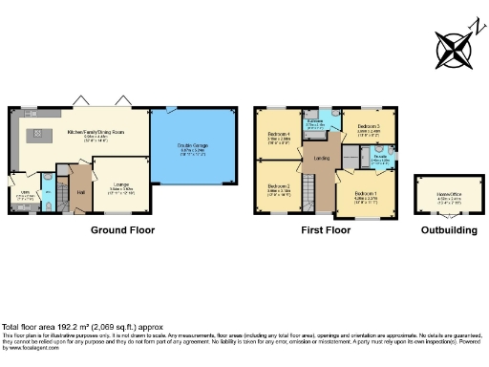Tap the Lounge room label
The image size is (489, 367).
coord(122,185)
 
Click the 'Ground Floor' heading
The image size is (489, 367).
coord(122,230)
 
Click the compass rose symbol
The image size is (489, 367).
coord(454,47)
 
